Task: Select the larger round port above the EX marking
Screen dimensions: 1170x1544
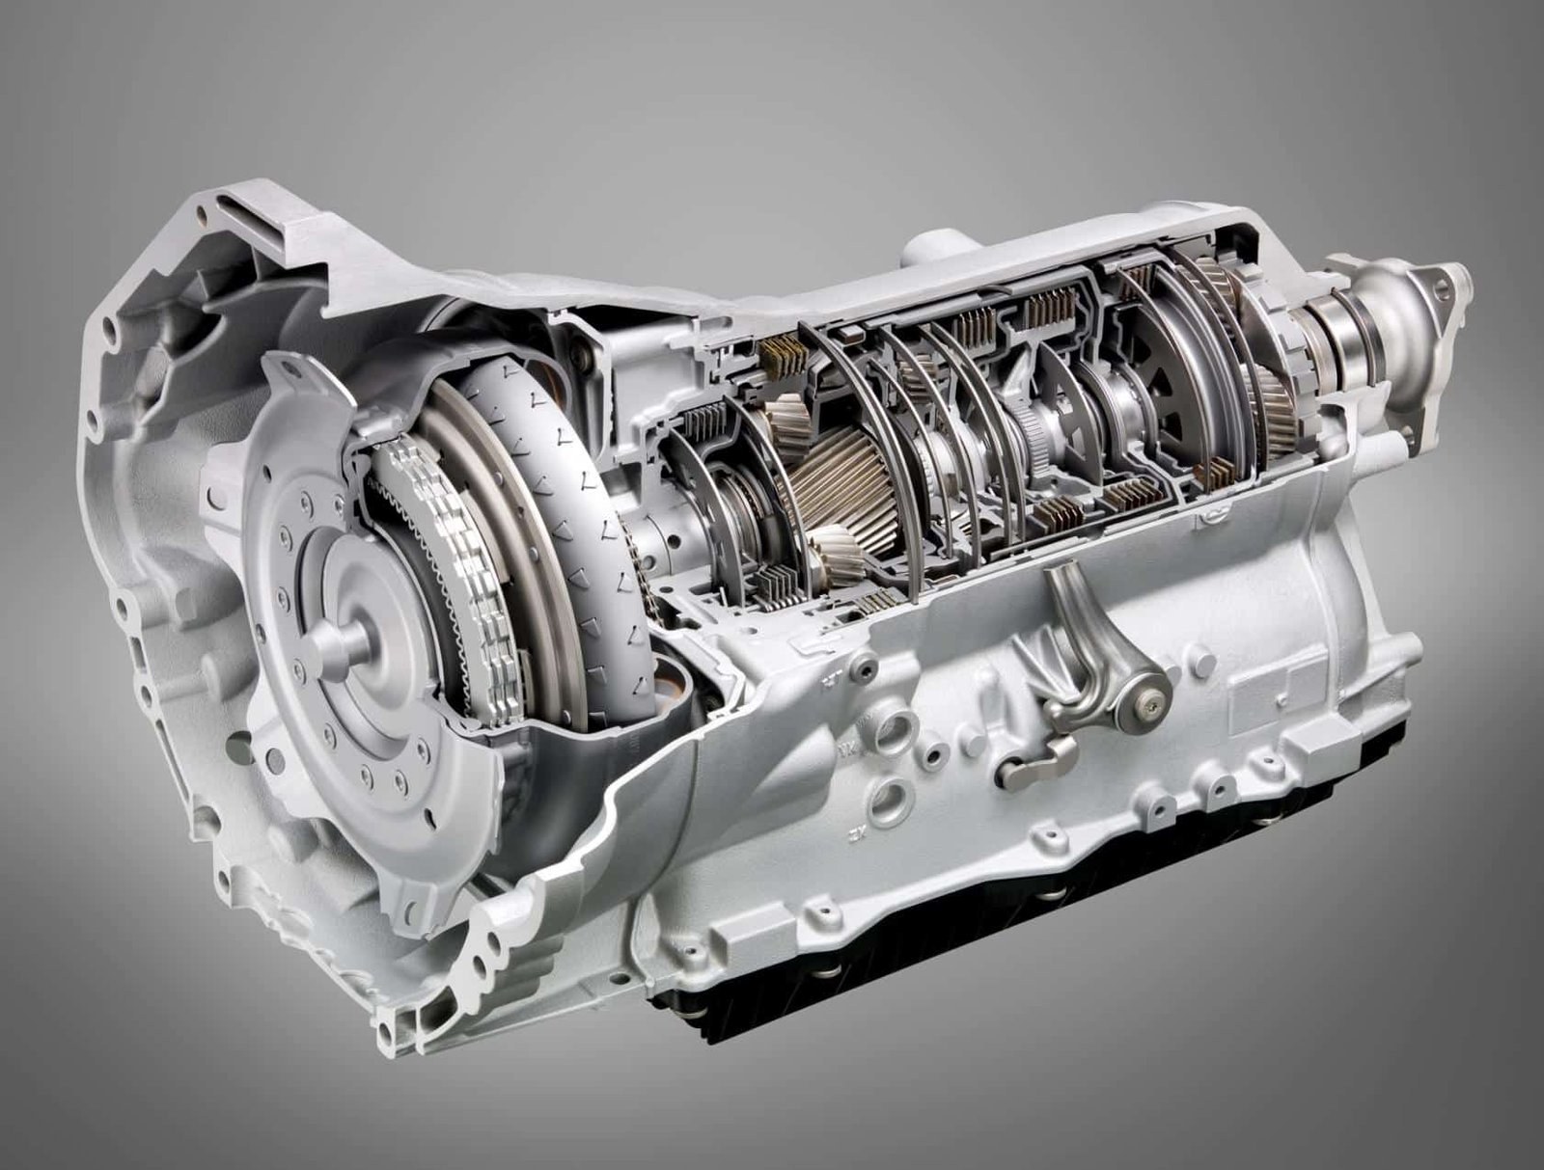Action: [890, 798]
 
